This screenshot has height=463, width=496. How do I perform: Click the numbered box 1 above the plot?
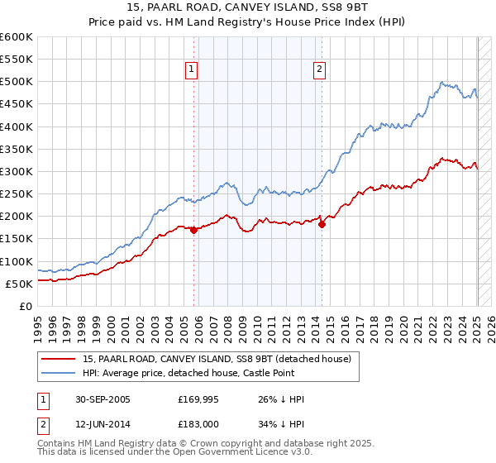[x=191, y=70]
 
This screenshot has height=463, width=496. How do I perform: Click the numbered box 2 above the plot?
[x=319, y=70]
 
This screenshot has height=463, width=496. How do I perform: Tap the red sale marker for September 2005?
[x=194, y=231]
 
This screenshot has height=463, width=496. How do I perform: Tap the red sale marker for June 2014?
[x=322, y=224]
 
